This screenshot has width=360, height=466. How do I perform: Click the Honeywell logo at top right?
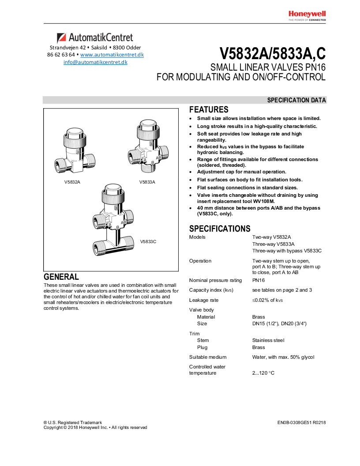[x=307, y=14]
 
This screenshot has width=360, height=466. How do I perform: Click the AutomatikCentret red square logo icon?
[x=61, y=38]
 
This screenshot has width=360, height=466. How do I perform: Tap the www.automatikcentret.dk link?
[x=112, y=55]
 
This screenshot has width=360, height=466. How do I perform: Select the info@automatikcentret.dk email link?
[x=95, y=62]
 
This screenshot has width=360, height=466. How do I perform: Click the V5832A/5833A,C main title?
[x=273, y=53]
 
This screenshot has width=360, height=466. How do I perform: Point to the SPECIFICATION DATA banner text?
[x=296, y=100]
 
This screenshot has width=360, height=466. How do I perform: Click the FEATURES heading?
[x=209, y=110]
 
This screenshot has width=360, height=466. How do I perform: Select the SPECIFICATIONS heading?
[x=220, y=229]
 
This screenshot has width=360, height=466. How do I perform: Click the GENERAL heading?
[x=61, y=277]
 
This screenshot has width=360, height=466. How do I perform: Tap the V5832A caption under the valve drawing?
[x=72, y=182]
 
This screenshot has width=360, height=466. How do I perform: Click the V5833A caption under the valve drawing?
[x=147, y=182]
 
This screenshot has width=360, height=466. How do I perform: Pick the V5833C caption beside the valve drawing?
[x=148, y=241]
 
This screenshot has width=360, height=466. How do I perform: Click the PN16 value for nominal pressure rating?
[x=259, y=280]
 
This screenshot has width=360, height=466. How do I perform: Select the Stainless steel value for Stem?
[x=268, y=340]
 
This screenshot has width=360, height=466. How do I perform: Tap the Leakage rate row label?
[x=204, y=300]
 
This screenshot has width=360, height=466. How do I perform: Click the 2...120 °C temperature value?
[x=263, y=373]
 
